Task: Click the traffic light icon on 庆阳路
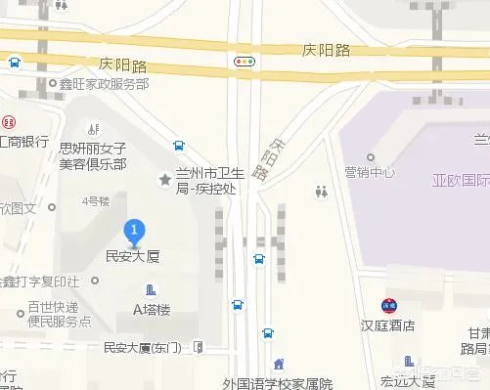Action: point(244,61)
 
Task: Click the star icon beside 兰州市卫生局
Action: point(165,179)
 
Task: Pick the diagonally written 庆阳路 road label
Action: point(271,157)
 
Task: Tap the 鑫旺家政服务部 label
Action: point(104,85)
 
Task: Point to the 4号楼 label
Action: point(96,201)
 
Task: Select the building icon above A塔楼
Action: point(151,290)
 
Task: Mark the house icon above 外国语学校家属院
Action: point(279,365)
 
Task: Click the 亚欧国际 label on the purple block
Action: point(460,182)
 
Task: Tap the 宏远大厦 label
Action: point(409,381)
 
